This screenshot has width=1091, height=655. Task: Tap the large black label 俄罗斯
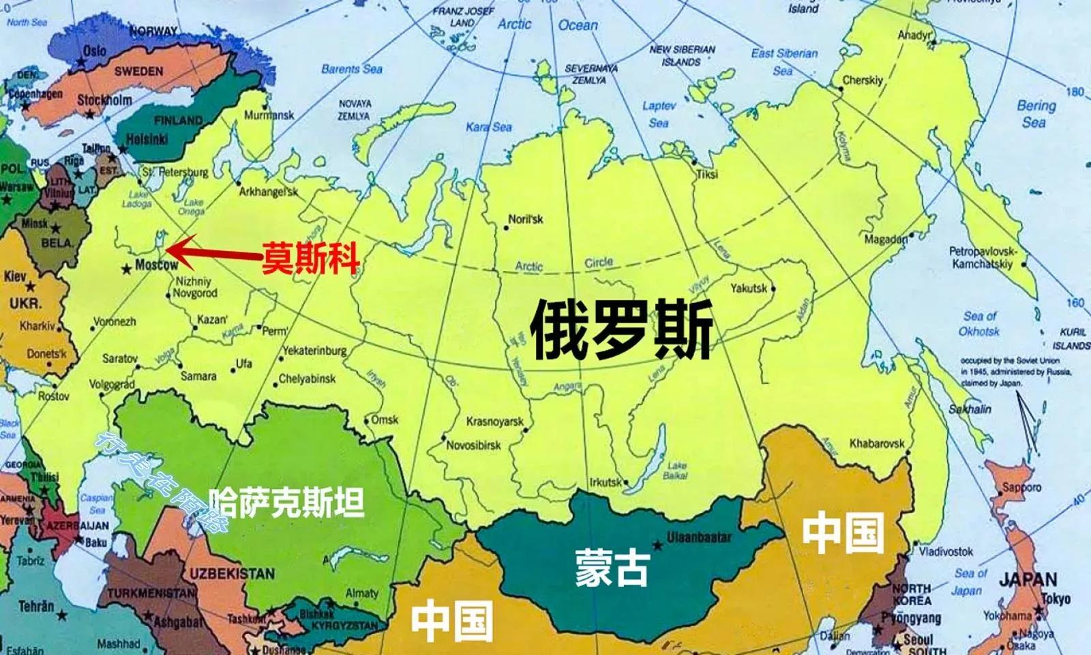(622, 330)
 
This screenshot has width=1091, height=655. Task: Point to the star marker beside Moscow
(126, 270)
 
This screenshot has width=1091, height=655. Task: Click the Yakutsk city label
(749, 288)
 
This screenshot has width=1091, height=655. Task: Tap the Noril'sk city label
(526, 219)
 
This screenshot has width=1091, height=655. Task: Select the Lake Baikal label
(676, 471)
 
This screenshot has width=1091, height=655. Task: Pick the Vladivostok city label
(946, 551)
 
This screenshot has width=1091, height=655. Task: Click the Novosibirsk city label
(473, 446)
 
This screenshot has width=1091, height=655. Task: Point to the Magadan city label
(886, 239)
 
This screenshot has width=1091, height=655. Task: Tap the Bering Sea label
(1036, 114)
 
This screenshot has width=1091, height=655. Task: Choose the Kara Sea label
(489, 127)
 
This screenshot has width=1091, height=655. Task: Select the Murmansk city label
(269, 115)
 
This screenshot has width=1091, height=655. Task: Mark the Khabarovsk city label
(877, 443)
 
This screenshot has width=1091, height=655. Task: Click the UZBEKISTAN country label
(232, 574)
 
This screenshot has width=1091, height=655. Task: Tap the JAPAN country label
(1028, 581)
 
